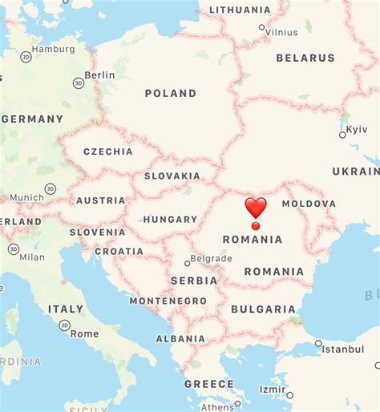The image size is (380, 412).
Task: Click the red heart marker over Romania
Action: pyautogui.click(x=256, y=208)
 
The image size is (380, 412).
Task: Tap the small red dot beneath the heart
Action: pyautogui.click(x=256, y=226)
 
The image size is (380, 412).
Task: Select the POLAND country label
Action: pyautogui.click(x=171, y=94)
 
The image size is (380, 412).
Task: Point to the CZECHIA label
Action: pyautogui.click(x=108, y=151)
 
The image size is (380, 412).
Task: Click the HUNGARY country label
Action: pyautogui.click(x=171, y=219)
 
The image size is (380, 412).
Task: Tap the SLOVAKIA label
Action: pyautogui.click(x=172, y=176)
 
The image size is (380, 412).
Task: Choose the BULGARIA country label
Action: pyautogui.click(x=263, y=309)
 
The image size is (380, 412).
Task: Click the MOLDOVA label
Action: pyautogui.click(x=309, y=204)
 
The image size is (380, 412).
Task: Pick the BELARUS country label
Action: pyautogui.click(x=305, y=58)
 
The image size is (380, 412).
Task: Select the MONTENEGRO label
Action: pyautogui.click(x=168, y=301)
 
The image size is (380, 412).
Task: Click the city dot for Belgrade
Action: pyautogui.click(x=188, y=262)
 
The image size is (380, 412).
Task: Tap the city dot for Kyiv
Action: pyautogui.click(x=342, y=135)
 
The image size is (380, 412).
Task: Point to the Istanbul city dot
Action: pyautogui.click(x=318, y=343)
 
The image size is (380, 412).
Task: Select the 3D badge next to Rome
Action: pyautogui.click(x=64, y=325)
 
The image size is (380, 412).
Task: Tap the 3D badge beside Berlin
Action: pyautogui.click(x=78, y=83)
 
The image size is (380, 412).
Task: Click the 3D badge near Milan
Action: pyautogui.click(x=14, y=249)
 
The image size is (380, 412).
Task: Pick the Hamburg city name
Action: pyautogui.click(x=54, y=49)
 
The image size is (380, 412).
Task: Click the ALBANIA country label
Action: pyautogui.click(x=180, y=339)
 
